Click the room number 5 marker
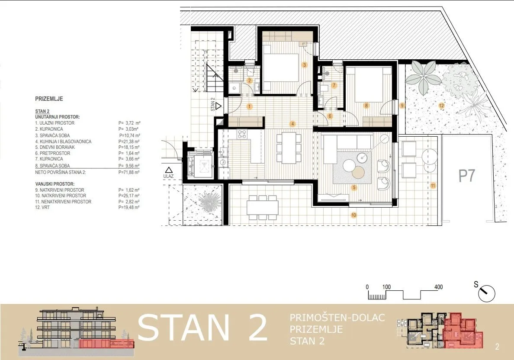[x=354, y=187]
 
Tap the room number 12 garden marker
[x=442, y=106]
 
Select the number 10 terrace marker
[x=353, y=215]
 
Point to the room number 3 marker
[x=305, y=65]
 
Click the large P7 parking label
[x=467, y=176]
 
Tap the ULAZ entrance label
[x=168, y=177]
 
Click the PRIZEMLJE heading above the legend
[x=49, y=99]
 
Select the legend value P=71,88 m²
[x=129, y=172]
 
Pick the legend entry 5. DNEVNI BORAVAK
[x=55, y=147]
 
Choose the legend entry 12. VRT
[x=42, y=208]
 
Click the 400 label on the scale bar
[x=439, y=287]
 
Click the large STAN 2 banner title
[x=202, y=328]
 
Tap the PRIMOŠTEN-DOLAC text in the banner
[x=337, y=318]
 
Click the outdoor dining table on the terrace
[x=263, y=208]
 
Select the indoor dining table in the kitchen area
[x=289, y=148]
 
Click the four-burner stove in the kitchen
[x=242, y=134]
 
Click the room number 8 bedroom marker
[x=366, y=106]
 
